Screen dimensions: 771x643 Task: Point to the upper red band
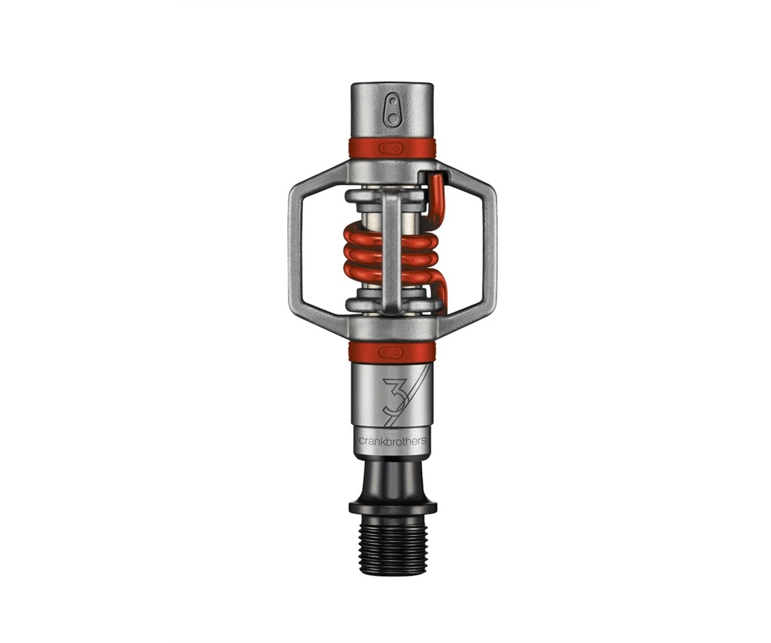393,148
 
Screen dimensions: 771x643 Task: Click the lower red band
393,351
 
